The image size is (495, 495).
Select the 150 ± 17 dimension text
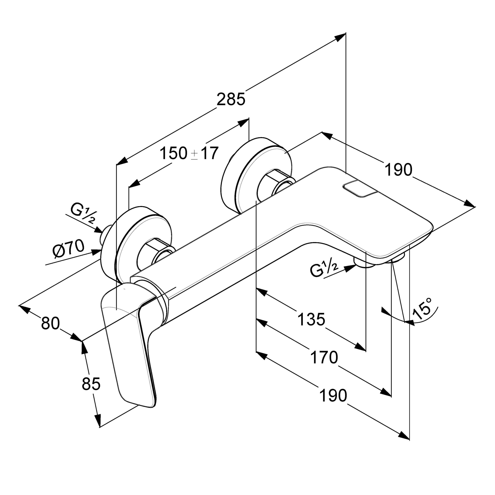point(189,153)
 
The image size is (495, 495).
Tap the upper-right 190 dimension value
point(398,170)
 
